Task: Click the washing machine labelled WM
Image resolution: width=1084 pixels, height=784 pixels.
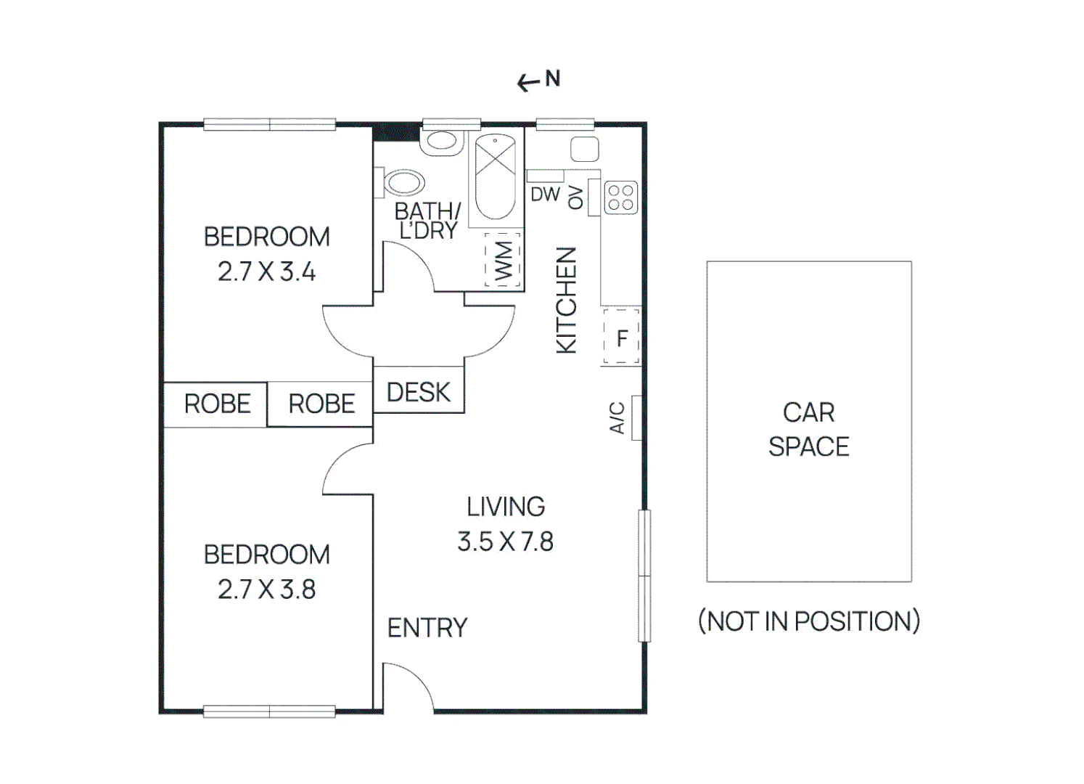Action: (x=503, y=261)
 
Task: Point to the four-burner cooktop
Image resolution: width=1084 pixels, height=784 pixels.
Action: (x=620, y=197)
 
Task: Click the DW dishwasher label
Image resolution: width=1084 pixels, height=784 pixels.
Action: (x=545, y=195)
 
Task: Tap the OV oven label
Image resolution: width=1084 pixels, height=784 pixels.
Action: (x=576, y=197)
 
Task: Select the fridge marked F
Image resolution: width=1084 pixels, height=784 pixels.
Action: (x=621, y=338)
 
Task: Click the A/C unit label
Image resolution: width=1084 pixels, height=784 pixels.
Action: (x=617, y=418)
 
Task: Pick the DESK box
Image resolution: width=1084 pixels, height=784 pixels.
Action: (x=419, y=392)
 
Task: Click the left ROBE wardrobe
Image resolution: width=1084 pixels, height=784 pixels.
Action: (x=216, y=404)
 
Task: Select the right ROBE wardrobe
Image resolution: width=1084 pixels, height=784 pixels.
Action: (x=321, y=404)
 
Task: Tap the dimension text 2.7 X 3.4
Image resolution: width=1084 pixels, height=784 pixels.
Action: (x=266, y=271)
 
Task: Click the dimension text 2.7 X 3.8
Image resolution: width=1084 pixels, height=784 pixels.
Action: (x=266, y=589)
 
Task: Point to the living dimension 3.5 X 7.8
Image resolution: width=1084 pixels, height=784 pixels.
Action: (x=505, y=542)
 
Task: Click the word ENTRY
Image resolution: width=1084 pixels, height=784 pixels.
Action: (x=427, y=628)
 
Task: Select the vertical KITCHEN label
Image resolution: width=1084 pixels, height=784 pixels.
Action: (x=566, y=300)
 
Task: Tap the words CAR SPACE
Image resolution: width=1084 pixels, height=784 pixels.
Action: (x=808, y=429)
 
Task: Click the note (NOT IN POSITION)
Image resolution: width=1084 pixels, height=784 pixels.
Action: (x=808, y=621)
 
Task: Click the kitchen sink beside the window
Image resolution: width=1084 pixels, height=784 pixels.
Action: (x=584, y=150)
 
